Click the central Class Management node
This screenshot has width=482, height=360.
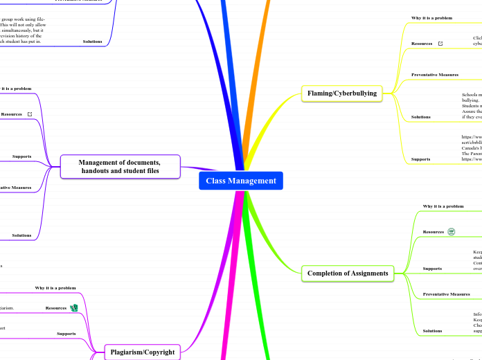[x=240, y=181]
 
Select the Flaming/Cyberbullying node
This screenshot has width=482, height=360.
[x=342, y=92]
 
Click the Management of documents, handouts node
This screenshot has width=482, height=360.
[x=119, y=166]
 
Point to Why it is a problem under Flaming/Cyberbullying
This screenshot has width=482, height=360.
[x=432, y=17]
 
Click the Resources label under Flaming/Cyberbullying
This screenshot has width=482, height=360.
[x=422, y=44]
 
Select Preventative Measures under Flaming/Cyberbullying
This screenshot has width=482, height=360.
[x=435, y=74]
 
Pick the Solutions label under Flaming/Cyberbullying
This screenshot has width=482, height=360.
[x=420, y=117]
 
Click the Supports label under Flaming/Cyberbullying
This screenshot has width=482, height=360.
[x=420, y=159]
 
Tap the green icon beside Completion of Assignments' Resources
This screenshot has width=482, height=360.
[x=451, y=232]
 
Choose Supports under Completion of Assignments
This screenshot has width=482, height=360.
[x=432, y=268]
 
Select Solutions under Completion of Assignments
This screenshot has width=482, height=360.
[x=432, y=331]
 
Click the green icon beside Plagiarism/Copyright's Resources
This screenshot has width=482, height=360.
[x=74, y=307]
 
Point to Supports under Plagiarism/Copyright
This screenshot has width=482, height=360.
[x=66, y=334]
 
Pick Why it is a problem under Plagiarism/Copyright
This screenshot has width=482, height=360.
[x=55, y=287]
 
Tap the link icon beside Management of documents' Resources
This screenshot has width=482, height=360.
[x=29, y=114]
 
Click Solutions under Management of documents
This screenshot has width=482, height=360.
[x=21, y=235]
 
